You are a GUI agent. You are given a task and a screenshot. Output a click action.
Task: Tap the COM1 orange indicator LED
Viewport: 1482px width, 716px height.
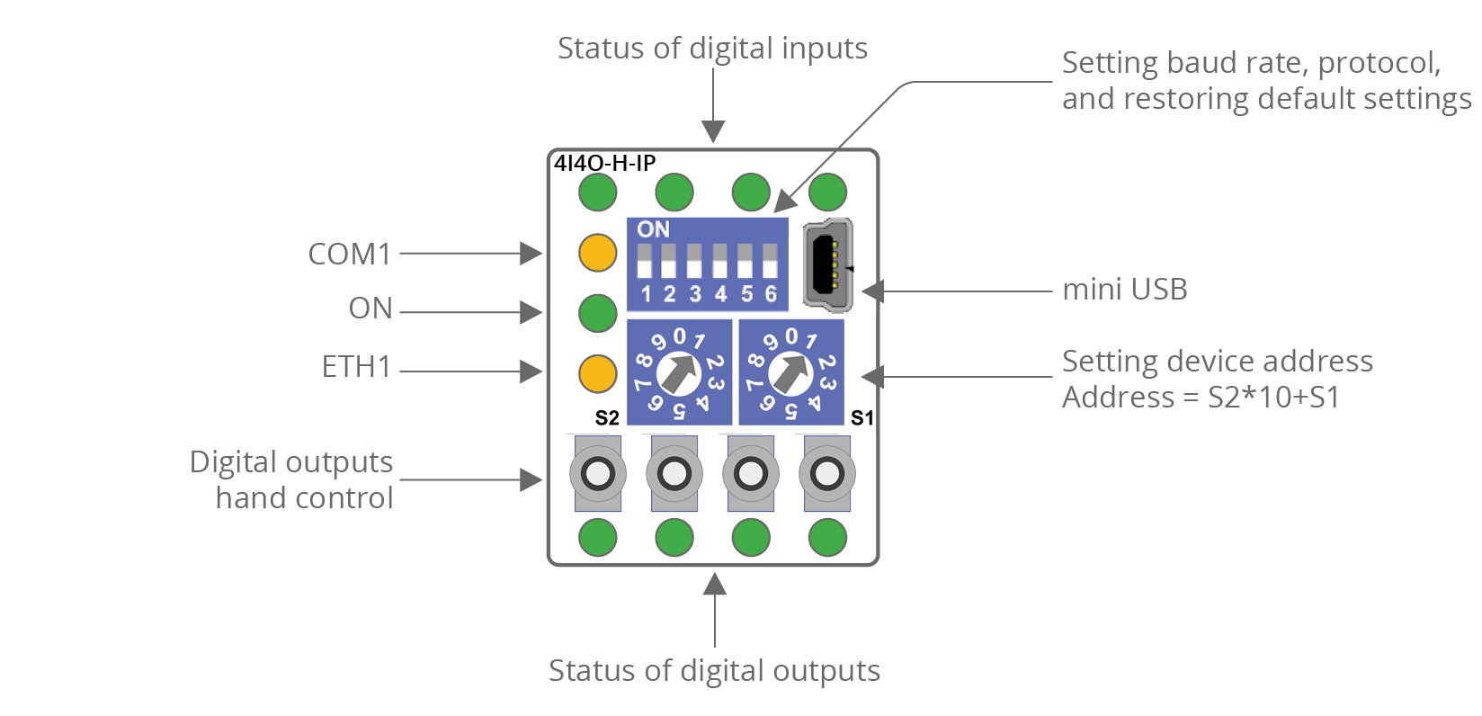click(597, 253)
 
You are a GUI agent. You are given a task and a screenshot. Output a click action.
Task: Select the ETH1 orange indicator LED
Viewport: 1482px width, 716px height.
click(597, 373)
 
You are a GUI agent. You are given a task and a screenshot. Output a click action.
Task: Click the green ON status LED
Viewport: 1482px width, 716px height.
click(597, 313)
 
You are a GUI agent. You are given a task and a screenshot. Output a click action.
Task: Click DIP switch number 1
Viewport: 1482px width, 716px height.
click(644, 262)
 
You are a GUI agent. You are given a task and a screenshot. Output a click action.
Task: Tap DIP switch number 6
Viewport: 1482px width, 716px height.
click(770, 262)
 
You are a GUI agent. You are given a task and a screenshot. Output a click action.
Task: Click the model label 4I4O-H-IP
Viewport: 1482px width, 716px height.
click(604, 163)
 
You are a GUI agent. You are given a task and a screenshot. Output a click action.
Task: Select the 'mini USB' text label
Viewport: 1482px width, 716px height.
click(1124, 290)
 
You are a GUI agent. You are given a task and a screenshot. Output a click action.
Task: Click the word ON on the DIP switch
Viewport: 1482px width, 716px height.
click(653, 229)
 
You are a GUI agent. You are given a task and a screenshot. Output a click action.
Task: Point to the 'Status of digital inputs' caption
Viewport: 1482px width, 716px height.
click(712, 48)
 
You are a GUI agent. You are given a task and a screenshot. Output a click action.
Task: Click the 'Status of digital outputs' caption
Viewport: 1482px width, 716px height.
click(714, 670)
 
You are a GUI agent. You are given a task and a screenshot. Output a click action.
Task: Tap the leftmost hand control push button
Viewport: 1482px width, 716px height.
click(597, 473)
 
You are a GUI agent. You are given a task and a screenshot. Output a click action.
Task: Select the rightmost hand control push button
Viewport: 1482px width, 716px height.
click(827, 473)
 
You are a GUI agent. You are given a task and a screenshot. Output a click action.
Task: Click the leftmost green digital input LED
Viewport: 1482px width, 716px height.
click(597, 192)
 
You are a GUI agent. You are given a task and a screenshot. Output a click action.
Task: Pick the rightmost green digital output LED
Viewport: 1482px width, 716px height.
click(827, 538)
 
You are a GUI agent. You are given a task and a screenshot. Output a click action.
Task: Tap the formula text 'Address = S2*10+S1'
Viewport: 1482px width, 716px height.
click(1201, 397)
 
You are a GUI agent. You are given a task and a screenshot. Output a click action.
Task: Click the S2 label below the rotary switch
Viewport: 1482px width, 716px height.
click(607, 418)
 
